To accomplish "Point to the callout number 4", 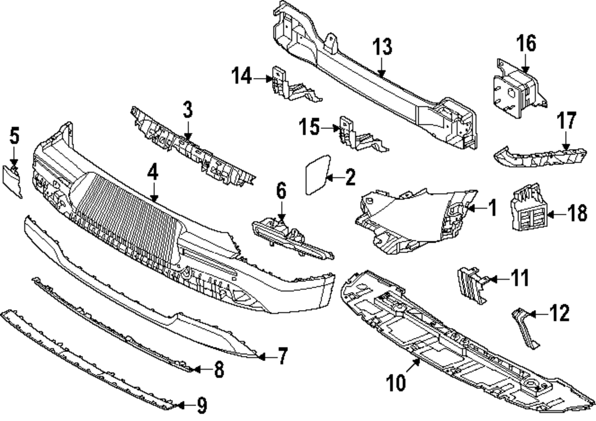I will coord(153,172).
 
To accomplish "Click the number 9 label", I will coord(201,407).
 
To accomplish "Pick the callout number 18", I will coord(576,213).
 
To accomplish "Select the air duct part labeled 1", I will coord(417,215).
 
